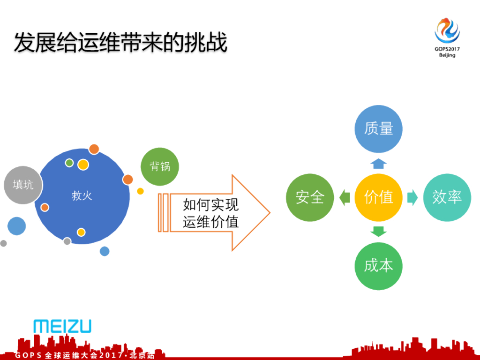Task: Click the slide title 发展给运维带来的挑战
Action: coord(120,42)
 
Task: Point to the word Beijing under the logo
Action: coord(447,55)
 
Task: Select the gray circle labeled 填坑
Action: coord(22,185)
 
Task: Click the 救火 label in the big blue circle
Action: coord(82,196)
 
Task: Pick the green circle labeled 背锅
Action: coord(160,166)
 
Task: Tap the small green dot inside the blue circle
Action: coord(69,163)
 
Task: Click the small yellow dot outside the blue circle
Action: coord(140,191)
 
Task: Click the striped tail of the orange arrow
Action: coord(163,212)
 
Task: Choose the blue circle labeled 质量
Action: coord(378,129)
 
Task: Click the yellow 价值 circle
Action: coord(378,197)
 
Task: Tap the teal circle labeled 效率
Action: coord(447,197)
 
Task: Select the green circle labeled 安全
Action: coord(309,197)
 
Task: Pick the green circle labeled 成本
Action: coord(378,266)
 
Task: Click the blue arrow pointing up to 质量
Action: coord(378,163)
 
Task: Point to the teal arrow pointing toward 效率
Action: coord(412,197)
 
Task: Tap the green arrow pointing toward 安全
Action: coord(345,197)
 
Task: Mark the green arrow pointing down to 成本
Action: coord(378,232)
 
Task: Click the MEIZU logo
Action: coord(62,326)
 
